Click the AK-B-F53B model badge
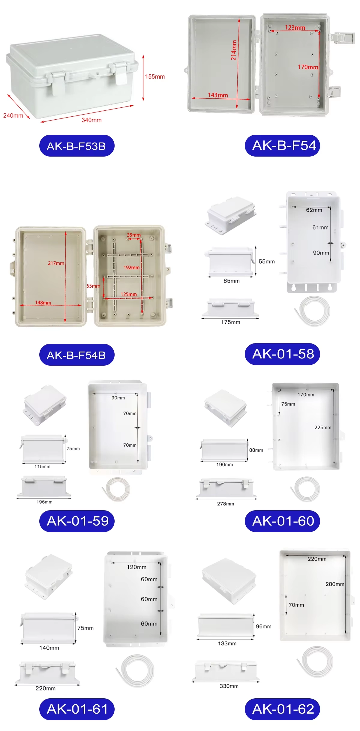tap(77, 146)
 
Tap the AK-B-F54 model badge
tap(282, 145)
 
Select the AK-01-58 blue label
tap(282, 354)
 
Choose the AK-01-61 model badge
tap(77, 709)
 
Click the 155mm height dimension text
tap(155, 77)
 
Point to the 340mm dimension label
tap(91, 120)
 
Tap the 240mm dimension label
tap(13, 115)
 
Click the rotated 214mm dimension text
tap(234, 50)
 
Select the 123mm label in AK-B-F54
tap(295, 28)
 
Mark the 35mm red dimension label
tap(134, 235)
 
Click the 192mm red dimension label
tap(131, 267)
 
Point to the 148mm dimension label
tap(43, 303)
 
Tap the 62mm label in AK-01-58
tap(314, 210)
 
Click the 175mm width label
tap(230, 322)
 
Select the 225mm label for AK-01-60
tap(323, 427)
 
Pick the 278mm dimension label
tap(226, 504)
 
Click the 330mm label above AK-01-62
tap(229, 686)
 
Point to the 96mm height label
tap(263, 626)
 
